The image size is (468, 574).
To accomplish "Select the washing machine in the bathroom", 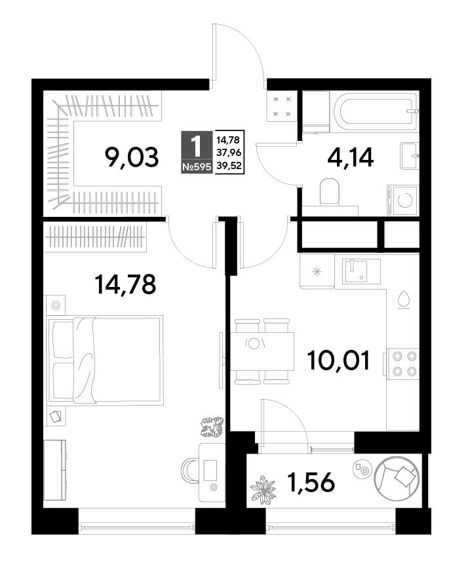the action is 403,201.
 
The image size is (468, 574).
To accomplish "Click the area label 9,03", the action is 132,157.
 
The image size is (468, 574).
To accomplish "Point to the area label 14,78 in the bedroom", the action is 125,284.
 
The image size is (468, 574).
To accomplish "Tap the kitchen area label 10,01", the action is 339,360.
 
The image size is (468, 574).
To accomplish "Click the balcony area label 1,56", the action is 311,482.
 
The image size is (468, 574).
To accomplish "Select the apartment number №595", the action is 197,167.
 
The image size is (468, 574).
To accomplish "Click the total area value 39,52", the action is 229,166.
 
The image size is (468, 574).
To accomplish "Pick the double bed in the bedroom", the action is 106,360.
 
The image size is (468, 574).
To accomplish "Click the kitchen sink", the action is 361,271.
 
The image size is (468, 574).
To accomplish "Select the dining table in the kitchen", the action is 262,351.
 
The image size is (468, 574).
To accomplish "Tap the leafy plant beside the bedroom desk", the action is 212,427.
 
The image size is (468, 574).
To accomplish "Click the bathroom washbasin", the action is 410,155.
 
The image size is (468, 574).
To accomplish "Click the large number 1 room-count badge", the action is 197,146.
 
